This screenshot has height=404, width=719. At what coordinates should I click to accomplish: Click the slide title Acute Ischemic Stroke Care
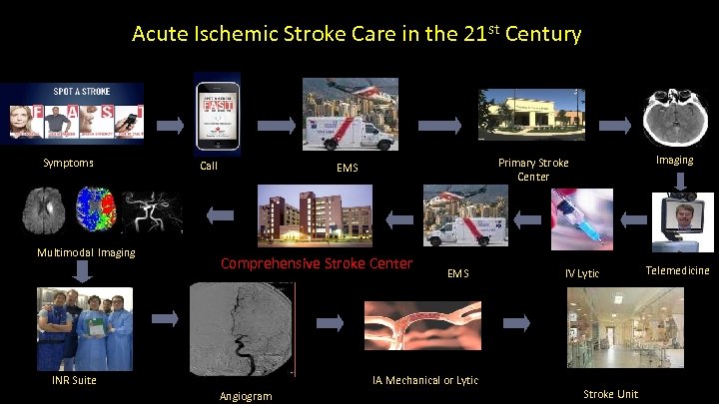tap(357, 35)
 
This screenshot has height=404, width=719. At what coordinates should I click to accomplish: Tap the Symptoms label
tap(68, 163)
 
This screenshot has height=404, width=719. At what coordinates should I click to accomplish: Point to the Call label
tap(209, 166)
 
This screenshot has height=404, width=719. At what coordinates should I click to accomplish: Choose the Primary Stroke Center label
tap(533, 170)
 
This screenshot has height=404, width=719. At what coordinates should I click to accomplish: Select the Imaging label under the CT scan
tap(674, 160)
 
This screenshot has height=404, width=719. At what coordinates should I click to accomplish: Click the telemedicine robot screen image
tap(679, 221)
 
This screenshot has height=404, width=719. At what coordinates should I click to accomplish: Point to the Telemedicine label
tap(678, 270)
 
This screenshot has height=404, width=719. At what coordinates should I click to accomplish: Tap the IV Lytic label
tap(582, 273)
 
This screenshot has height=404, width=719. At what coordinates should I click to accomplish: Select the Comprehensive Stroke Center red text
tap(316, 263)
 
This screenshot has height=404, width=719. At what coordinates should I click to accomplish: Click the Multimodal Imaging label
tap(86, 252)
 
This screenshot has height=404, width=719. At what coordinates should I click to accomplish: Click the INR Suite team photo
tap(84, 328)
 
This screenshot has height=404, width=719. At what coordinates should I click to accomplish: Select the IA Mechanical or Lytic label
tap(424, 380)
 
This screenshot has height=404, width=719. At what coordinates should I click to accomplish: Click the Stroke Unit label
tap(610, 394)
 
